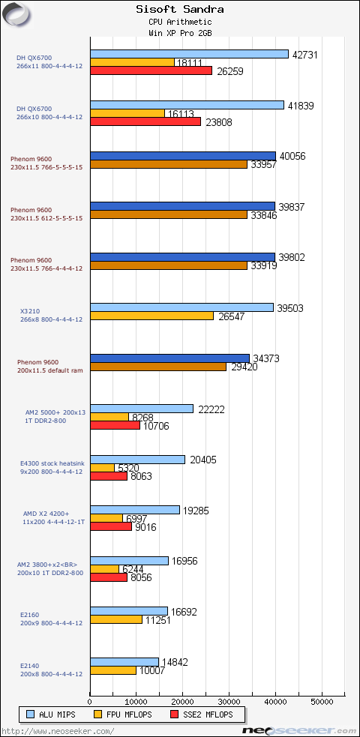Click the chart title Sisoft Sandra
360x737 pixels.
[x=180, y=10]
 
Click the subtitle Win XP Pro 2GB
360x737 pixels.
[x=180, y=33]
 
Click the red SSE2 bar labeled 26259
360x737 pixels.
[x=151, y=71]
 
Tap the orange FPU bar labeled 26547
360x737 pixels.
[x=151, y=316]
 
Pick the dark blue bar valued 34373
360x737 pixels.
[x=169, y=358]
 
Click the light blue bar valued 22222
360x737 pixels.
[x=142, y=409]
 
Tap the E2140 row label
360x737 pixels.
[x=31, y=666]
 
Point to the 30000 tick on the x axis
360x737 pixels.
[x=229, y=702]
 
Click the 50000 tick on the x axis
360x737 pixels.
[x=322, y=702]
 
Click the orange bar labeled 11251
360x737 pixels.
[x=116, y=619]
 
